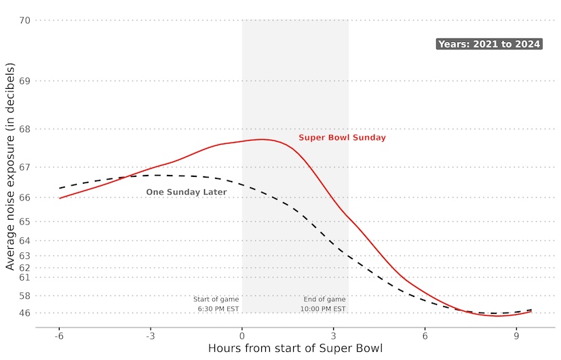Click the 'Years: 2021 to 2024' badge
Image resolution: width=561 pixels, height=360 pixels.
(x=488, y=44)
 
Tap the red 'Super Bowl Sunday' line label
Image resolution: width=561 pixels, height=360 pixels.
(x=342, y=138)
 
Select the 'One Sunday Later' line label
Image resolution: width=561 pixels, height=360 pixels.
(x=187, y=193)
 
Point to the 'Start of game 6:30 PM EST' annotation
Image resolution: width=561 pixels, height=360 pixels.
(x=216, y=304)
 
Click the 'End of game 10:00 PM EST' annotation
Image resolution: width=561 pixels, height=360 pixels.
(x=324, y=304)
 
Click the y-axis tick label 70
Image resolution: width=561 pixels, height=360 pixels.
(x=24, y=20)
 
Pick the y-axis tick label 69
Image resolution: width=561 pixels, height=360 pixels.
(x=24, y=81)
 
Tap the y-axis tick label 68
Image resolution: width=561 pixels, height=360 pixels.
(x=24, y=129)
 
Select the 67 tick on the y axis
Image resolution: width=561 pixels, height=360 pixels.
(x=24, y=167)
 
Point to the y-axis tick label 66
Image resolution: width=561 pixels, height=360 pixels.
(x=24, y=197)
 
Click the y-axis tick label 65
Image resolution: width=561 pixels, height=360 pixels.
(x=24, y=222)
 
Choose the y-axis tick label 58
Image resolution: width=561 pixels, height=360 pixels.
(x=24, y=296)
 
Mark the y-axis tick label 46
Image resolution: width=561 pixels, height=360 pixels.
(x=24, y=313)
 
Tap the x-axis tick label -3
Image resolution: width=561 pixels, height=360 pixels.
(x=150, y=336)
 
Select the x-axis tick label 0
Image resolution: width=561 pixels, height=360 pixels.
(x=242, y=336)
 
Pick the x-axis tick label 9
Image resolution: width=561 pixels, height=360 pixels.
(x=516, y=336)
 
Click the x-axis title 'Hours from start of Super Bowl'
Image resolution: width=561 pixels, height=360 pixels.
(x=295, y=349)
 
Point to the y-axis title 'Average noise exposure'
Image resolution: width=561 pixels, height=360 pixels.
(x=10, y=166)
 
